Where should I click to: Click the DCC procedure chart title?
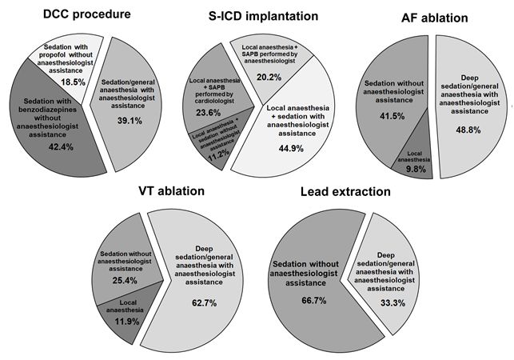(87, 14)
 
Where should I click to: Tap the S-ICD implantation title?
(263, 16)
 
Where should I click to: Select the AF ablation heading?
(435, 18)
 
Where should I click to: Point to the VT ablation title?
(171, 191)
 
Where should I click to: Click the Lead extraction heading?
(345, 192)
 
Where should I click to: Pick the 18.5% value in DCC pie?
(73, 82)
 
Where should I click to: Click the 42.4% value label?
(61, 146)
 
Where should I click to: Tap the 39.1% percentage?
(129, 121)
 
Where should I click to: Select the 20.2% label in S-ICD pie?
(269, 78)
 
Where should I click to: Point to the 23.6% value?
(208, 113)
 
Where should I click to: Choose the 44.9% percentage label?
(291, 149)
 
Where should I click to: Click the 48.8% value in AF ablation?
(468, 130)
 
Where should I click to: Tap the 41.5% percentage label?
(392, 116)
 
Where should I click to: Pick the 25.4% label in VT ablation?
(125, 281)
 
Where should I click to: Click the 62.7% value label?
(204, 303)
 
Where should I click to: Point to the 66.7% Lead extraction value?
(314, 301)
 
